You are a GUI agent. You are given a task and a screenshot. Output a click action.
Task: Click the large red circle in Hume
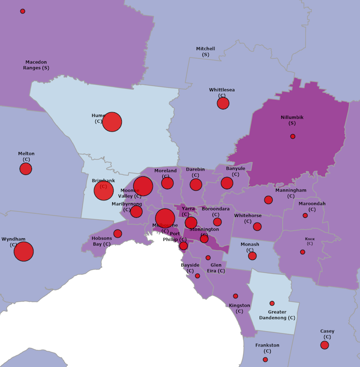coord(112,122)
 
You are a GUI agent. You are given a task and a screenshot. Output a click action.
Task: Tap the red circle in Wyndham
coord(23,251)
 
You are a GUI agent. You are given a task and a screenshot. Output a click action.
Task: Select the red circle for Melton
coord(26,169)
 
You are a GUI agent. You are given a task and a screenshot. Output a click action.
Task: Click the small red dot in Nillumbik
coord(293,137)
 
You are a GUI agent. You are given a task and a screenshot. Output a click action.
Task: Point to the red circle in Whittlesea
coord(223,103)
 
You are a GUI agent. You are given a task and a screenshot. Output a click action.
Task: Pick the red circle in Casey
coord(325,345)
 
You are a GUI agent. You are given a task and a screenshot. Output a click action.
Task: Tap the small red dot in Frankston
coord(265,359)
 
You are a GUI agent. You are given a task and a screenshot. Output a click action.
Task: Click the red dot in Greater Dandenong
coord(272,303)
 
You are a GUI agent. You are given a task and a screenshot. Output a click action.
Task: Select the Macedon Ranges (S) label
coord(36,65)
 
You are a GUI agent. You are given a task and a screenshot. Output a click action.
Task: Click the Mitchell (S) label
coord(206,52)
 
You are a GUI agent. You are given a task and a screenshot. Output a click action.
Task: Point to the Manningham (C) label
coord(291,193)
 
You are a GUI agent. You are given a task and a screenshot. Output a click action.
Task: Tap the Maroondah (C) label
coord(312,206)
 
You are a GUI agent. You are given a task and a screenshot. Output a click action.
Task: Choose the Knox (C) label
coord(310,241)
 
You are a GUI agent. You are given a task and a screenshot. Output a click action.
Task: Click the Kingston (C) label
coord(240,308)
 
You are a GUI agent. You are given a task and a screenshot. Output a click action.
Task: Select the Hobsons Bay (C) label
coord(101,241)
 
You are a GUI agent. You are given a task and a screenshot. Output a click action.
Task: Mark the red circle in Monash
coord(252,256)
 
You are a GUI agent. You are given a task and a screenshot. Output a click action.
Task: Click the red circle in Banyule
coord(227,183)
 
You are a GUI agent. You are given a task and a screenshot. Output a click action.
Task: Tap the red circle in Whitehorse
coord(257,227)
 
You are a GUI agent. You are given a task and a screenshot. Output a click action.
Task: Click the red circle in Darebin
coord(196,184)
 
